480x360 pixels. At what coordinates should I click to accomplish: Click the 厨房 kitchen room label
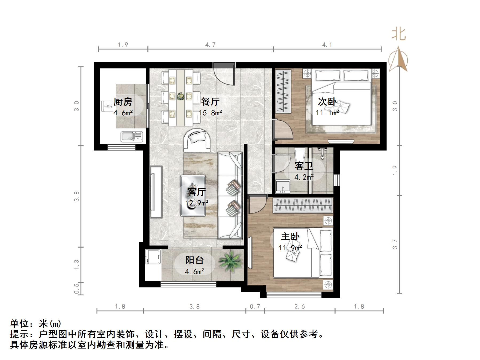coord(123,102)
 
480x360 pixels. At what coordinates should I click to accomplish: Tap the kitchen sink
coord(132,137)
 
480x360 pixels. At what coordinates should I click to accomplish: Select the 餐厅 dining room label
coord(210,102)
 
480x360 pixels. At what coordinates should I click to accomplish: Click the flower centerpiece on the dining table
coord(181,96)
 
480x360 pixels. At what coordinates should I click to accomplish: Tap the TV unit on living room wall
coord(156,192)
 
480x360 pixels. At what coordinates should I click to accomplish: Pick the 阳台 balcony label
coord(195,260)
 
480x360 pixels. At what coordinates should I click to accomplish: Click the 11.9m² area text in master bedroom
coord(290,248)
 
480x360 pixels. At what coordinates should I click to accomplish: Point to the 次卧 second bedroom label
coord(327,102)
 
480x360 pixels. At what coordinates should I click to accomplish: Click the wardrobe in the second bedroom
coord(283,91)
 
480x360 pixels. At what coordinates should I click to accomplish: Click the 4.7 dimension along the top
coord(210,45)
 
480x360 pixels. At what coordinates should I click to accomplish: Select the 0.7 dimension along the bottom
coord(255,307)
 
